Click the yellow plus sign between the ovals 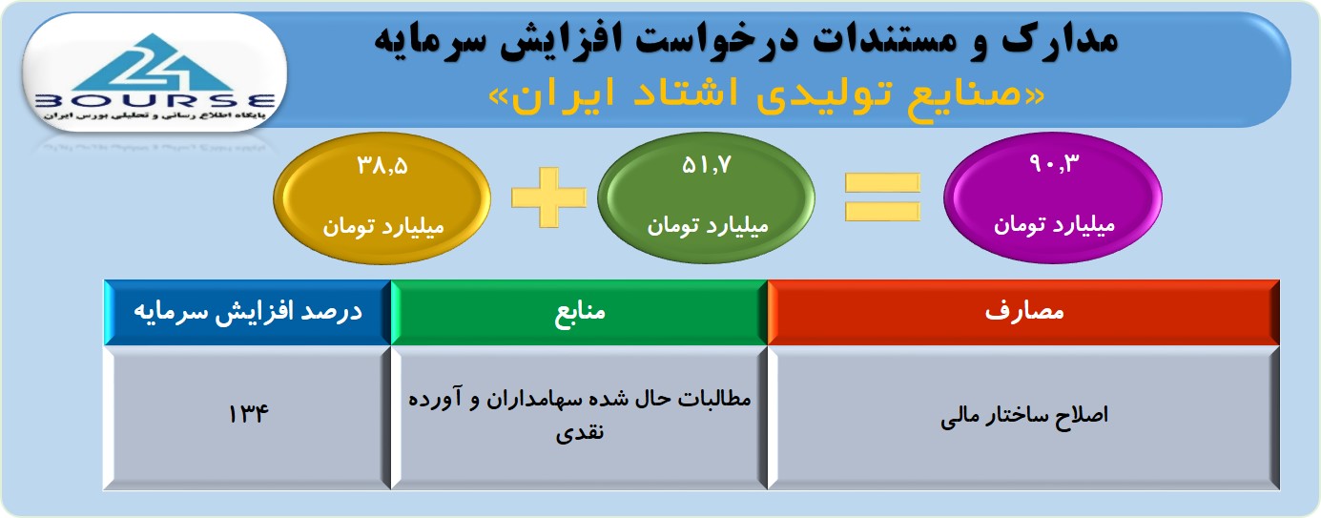pyautogui.click(x=549, y=197)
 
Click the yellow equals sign pyautogui.click(x=882, y=197)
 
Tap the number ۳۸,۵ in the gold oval pyautogui.click(x=382, y=166)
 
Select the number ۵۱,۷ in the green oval pyautogui.click(x=707, y=166)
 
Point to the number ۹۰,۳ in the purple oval pyautogui.click(x=1054, y=163)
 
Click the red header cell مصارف pyautogui.click(x=1023, y=312)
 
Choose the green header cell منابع pyautogui.click(x=579, y=312)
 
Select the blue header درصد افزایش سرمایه pyautogui.click(x=248, y=312)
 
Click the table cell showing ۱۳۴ pyautogui.click(x=248, y=418)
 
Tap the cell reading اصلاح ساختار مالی pyautogui.click(x=1023, y=418)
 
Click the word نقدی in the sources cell pyautogui.click(x=580, y=432)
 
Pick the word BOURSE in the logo pyautogui.click(x=155, y=101)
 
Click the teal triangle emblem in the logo pyautogui.click(x=155, y=63)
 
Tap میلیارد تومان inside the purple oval pyautogui.click(x=1054, y=225)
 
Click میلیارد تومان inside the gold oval pyautogui.click(x=382, y=227)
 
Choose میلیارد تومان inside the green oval pyautogui.click(x=707, y=226)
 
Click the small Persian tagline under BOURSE pyautogui.click(x=155, y=115)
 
